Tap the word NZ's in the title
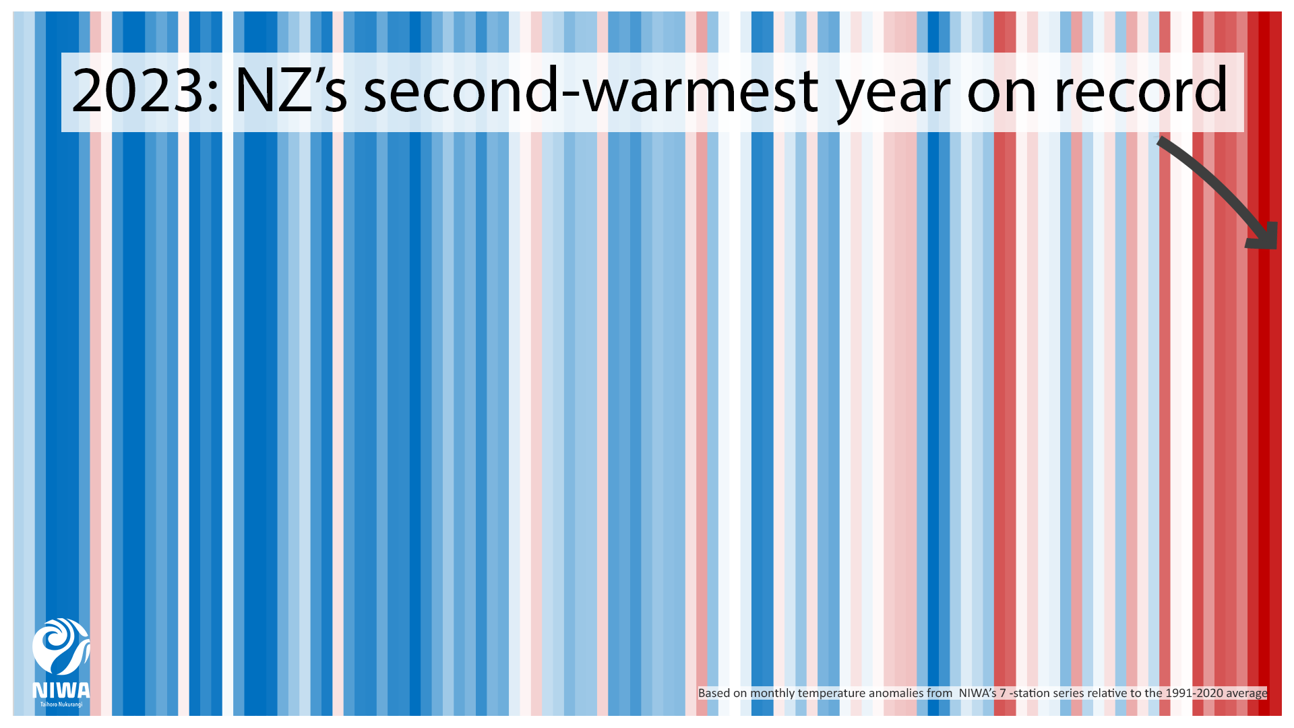290,91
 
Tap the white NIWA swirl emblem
61,646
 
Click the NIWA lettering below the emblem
61,690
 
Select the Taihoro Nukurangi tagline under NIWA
61,704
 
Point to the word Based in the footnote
714,693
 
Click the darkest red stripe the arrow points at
1264,404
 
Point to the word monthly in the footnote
772,693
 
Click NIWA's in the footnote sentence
977,693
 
